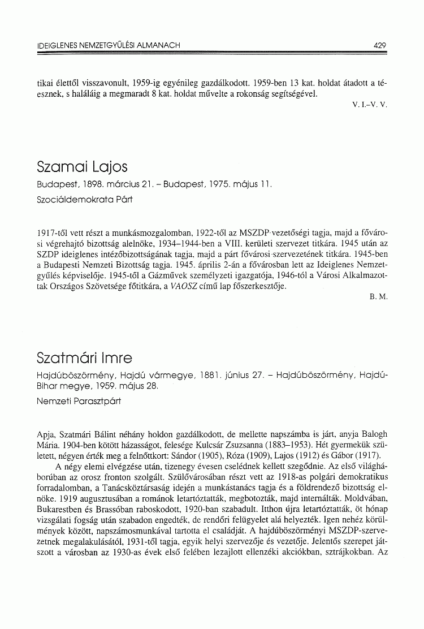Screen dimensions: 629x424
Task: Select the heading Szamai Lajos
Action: pos(82,167)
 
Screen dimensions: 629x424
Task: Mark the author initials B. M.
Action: pos(379,300)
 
